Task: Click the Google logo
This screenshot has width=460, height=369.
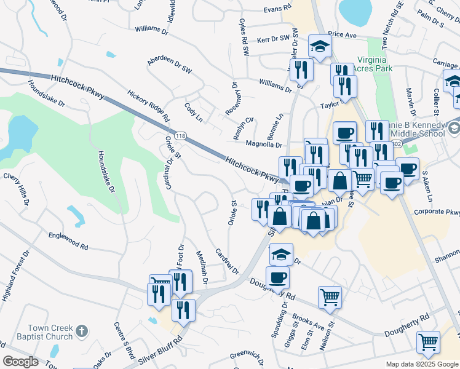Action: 20,362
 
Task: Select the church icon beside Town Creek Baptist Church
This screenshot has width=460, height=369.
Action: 83,332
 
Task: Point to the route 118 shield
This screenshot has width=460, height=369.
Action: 180,135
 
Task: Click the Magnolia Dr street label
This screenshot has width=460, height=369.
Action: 263,145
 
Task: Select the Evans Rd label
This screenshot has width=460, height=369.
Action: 277,9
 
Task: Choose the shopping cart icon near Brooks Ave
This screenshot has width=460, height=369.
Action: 330,297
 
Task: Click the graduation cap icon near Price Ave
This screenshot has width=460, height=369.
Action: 320,47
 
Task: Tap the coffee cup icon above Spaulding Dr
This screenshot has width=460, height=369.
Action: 277,277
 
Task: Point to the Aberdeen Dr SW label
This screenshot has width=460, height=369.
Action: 170,66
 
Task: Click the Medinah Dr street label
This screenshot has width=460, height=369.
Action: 200,268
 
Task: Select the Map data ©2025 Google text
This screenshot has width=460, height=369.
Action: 421,364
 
